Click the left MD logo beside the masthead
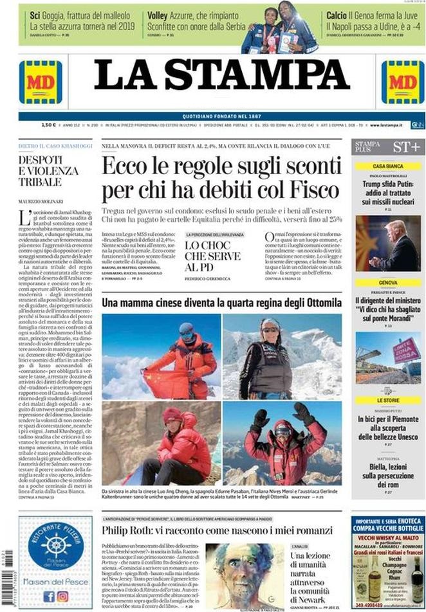pyautogui.click(x=41, y=82)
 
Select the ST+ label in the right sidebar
pyautogui.click(x=406, y=147)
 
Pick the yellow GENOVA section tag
pyautogui.click(x=388, y=282)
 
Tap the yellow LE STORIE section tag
pyautogui.click(x=388, y=400)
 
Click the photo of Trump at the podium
pyautogui.click(x=388, y=243)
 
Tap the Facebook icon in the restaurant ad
pyautogui.click(x=50, y=596)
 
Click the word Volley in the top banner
pyautogui.click(x=157, y=14)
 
